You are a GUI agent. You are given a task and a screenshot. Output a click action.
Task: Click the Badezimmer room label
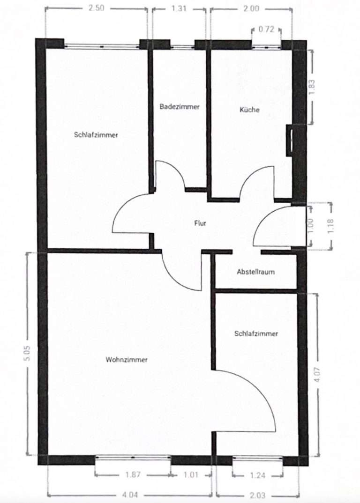[180, 106]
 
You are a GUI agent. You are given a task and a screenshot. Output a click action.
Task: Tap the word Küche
[249, 110]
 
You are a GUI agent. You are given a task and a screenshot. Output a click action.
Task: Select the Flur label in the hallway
[200, 223]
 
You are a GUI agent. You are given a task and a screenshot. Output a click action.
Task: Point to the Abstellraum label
[255, 272]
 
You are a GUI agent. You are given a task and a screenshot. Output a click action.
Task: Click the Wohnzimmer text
[127, 360]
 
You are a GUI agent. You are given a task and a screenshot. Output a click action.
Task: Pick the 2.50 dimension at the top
[97, 7]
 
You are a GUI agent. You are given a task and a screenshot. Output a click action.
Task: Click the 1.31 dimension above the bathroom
[179, 8]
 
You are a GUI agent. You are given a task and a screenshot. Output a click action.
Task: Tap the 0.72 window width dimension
[266, 30]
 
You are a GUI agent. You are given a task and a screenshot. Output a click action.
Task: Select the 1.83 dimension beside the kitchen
[312, 87]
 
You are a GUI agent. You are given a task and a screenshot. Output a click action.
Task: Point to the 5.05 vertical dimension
[27, 353]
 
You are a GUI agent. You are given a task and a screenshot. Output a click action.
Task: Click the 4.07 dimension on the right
[317, 374]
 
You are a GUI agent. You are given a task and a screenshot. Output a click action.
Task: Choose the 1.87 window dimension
[133, 474]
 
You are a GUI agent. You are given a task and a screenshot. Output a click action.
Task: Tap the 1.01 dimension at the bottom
[191, 474]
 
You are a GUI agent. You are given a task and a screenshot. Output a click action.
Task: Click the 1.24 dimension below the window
[257, 475]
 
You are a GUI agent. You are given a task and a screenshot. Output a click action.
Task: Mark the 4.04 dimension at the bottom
[130, 495]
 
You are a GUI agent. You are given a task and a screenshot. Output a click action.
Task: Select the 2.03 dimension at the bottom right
[258, 496]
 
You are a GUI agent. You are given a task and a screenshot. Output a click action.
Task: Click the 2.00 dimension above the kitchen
[251, 8]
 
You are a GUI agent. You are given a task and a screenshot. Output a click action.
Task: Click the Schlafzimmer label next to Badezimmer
[96, 135]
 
